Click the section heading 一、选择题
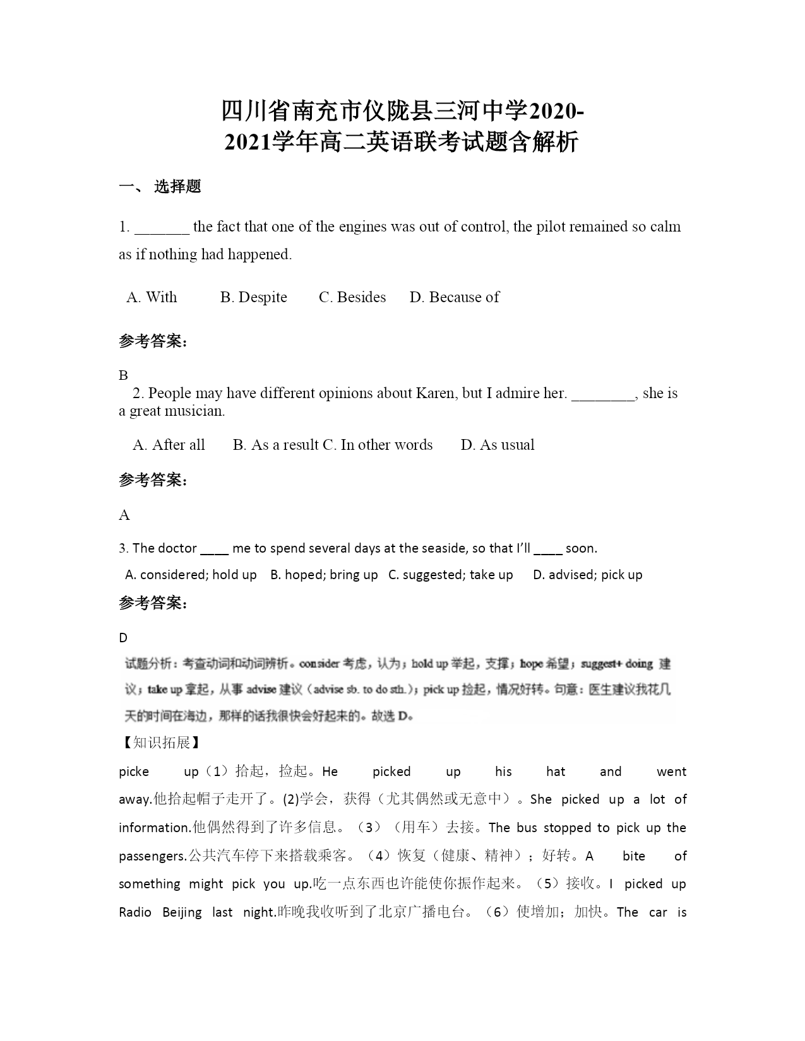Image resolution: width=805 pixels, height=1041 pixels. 160,187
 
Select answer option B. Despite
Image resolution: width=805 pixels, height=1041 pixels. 253,297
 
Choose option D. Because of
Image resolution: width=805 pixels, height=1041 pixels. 454,297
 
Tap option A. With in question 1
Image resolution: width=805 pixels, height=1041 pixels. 152,297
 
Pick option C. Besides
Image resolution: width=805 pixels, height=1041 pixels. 352,297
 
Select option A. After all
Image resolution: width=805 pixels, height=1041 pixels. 169,445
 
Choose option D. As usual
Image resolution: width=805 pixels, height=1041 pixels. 498,445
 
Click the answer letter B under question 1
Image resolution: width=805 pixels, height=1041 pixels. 123,375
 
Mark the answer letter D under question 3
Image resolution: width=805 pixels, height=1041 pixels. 123,637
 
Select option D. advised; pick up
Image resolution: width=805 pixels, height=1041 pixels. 587,575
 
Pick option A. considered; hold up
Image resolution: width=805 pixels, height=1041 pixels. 191,575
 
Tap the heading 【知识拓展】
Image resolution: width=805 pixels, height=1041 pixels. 160,743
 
